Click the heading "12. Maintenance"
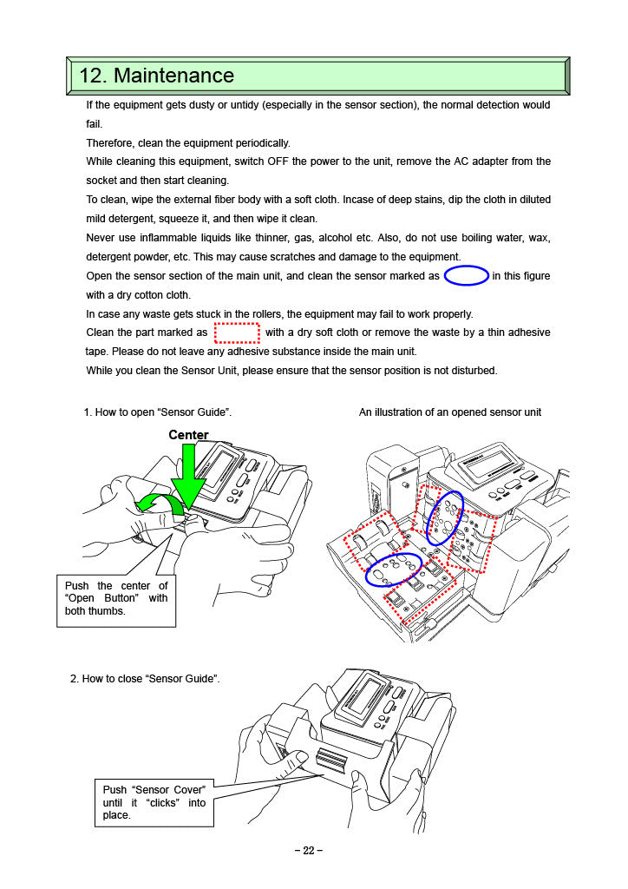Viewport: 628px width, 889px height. click(x=157, y=76)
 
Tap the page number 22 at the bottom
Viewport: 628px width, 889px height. click(x=308, y=851)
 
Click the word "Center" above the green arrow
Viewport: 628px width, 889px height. click(x=188, y=434)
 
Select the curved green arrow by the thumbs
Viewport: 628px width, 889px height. click(x=160, y=502)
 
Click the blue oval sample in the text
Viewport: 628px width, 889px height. click(x=466, y=276)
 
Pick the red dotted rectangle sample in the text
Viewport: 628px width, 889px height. click(x=237, y=333)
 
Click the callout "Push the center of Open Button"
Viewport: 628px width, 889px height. click(x=116, y=599)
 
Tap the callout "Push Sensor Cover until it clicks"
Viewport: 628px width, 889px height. click(x=154, y=802)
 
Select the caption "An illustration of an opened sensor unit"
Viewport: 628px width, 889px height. click(x=449, y=412)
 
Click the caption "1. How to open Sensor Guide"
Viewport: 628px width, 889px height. click(x=157, y=412)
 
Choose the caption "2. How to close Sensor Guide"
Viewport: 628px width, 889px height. click(x=145, y=678)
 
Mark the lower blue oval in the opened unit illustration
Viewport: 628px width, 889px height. click(x=393, y=569)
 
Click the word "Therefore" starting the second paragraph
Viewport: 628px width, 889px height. click(x=111, y=142)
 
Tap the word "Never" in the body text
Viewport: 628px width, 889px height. click(x=101, y=238)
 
